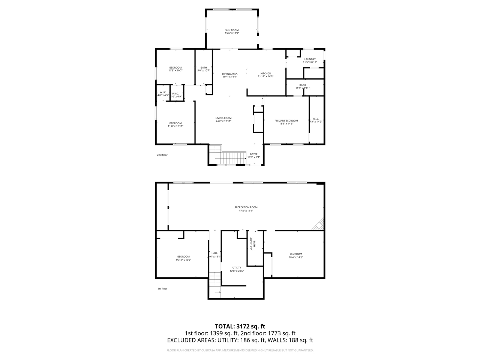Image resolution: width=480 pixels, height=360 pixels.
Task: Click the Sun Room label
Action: (x=232, y=30)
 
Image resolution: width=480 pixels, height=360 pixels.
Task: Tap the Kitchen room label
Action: (x=265, y=73)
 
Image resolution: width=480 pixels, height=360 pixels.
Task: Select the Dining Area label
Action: (x=229, y=74)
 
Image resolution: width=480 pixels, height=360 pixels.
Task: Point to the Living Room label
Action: (x=223, y=118)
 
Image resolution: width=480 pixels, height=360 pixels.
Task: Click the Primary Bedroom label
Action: (x=286, y=121)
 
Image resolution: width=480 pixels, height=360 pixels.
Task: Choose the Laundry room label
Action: (x=310, y=59)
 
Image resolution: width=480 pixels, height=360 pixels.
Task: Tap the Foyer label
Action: (x=254, y=154)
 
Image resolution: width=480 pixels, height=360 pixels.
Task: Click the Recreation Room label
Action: (x=246, y=207)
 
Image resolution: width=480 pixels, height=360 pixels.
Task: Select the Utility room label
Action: (x=237, y=268)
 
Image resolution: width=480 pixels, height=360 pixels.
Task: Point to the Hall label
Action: (x=214, y=253)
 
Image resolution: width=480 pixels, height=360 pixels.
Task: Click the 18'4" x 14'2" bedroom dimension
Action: (x=295, y=257)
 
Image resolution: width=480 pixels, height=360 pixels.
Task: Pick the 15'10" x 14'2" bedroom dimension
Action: (x=183, y=260)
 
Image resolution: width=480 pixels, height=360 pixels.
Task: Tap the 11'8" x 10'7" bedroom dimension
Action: (x=175, y=70)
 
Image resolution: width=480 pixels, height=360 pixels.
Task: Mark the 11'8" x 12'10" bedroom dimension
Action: (x=175, y=126)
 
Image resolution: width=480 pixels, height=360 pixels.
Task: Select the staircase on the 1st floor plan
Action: (x=215, y=283)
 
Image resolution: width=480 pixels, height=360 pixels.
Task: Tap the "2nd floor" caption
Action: (x=162, y=155)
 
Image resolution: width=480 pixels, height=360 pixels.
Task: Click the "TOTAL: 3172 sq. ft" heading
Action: (x=240, y=326)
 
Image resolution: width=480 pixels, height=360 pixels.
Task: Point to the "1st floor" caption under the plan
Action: (x=162, y=289)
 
